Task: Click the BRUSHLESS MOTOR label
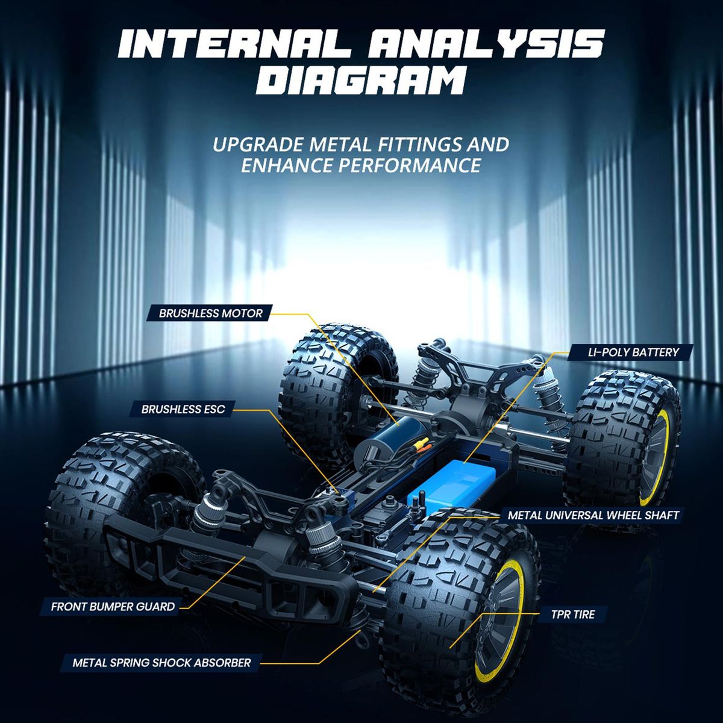210,313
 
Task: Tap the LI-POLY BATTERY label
633,352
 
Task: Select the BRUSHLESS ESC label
183,409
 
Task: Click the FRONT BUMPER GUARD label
113,607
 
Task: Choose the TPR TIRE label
573,615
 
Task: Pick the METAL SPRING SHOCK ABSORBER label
161,663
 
